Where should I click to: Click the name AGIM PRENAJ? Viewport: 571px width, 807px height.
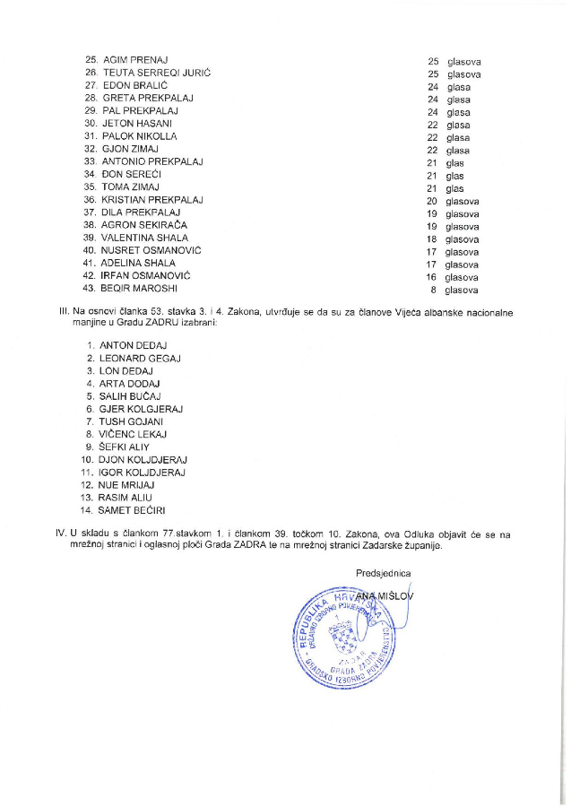click(137, 60)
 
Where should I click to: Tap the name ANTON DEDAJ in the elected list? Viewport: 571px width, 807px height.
click(133, 345)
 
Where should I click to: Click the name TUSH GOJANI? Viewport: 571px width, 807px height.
click(131, 421)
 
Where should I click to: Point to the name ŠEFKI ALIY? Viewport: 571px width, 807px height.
click(125, 446)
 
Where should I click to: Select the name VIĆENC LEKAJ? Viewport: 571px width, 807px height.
click(134, 433)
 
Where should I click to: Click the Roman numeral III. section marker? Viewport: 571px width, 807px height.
click(64, 313)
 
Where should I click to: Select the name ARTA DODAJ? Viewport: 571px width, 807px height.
click(129, 383)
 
